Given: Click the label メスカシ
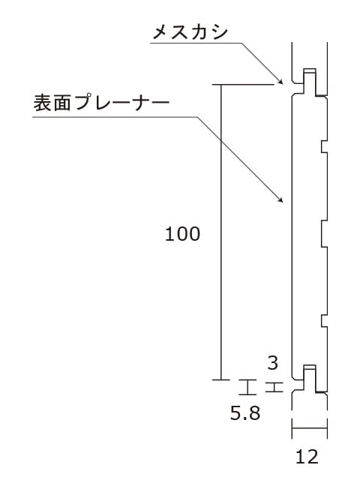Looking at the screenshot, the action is [190, 32].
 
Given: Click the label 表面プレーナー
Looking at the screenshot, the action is [102, 103].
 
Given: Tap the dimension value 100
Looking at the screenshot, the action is [182, 234].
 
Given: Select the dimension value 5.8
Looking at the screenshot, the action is [245, 413].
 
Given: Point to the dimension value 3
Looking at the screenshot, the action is [273, 363].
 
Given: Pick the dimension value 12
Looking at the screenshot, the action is [307, 457].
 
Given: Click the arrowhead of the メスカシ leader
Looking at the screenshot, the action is [280, 82].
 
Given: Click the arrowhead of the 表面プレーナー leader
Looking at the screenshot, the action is [280, 200].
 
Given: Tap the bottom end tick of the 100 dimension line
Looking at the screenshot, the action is [221, 380].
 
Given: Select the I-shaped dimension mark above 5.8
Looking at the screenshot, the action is [247, 387].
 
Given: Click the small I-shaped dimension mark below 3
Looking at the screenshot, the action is [274, 387].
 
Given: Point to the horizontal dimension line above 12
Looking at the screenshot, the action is [310, 428].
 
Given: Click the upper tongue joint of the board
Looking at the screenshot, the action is [310, 82].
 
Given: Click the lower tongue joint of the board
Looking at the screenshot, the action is [310, 379].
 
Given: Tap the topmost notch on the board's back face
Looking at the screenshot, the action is [324, 146].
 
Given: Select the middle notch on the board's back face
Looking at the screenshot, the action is [324, 234].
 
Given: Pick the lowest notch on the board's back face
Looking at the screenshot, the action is [324, 321].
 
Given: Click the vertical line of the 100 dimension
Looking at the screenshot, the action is [221, 232].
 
